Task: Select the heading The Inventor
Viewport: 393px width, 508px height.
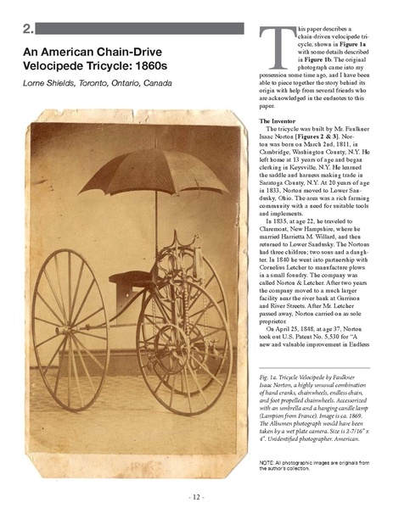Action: pyautogui.click(x=282, y=123)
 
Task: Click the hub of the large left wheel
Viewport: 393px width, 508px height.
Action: pyautogui.click(x=70, y=310)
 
